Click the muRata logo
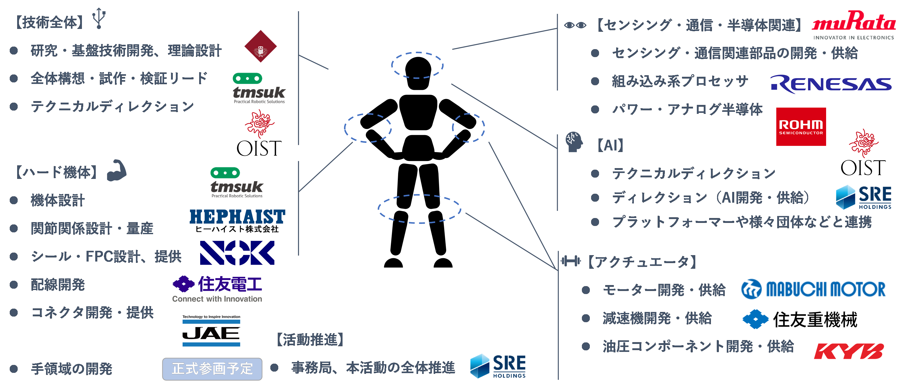point(853,25)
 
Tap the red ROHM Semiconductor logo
point(801,127)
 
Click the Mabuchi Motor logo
point(813,289)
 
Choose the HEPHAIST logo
point(237,221)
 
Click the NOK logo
point(237,253)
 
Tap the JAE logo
point(211,331)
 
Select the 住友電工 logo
point(217,289)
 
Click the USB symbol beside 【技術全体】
point(99,18)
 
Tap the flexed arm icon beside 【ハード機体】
point(116,170)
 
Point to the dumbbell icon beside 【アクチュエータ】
point(570,261)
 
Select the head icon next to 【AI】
point(574,142)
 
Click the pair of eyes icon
point(575,25)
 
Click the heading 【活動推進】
point(310,340)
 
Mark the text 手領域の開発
point(71,369)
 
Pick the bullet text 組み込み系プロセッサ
point(679,81)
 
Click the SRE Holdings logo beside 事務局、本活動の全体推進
point(498,366)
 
